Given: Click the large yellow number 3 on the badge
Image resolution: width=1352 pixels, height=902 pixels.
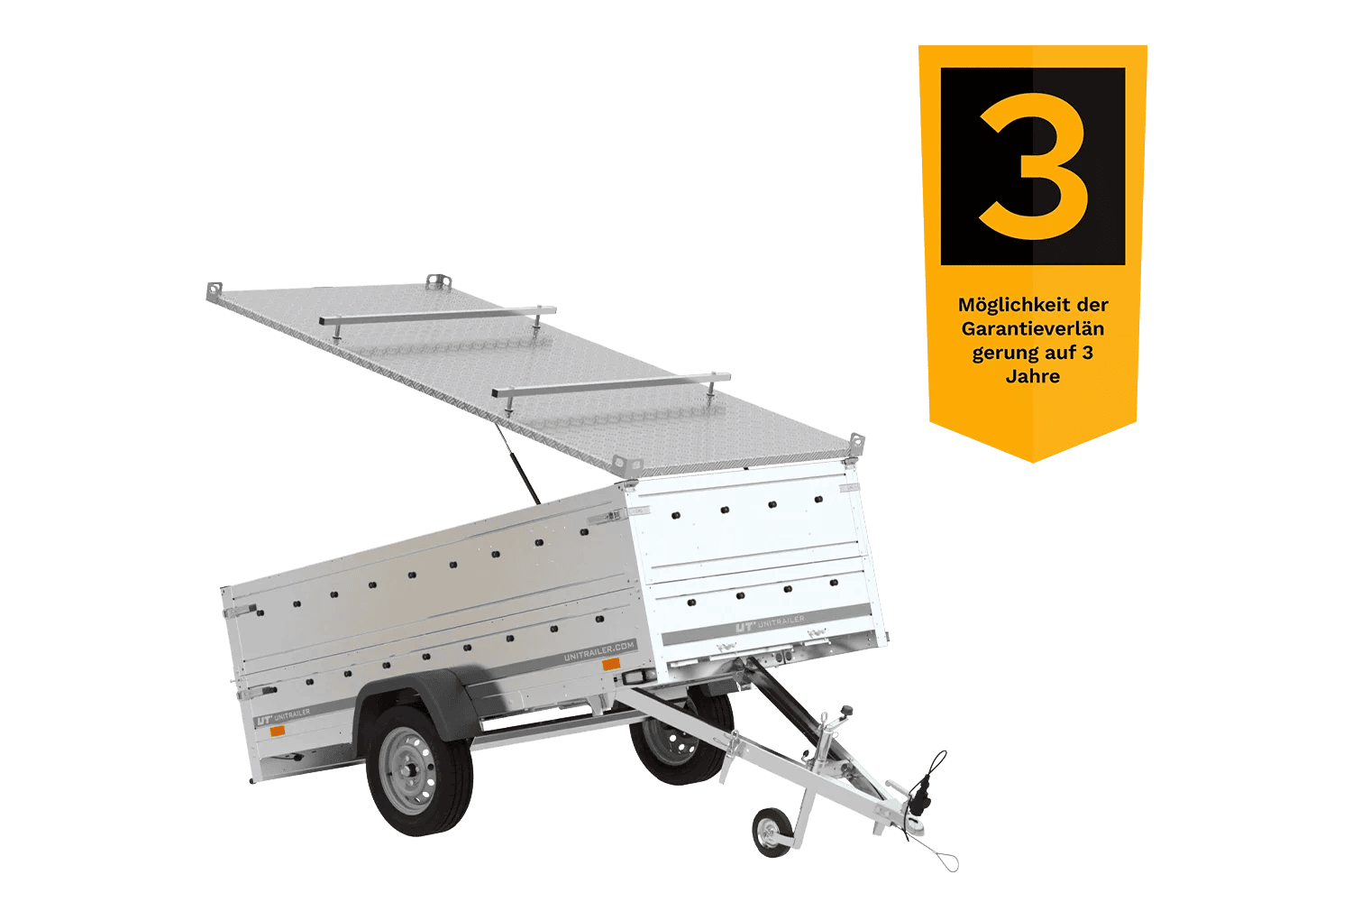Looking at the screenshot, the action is [1032, 166].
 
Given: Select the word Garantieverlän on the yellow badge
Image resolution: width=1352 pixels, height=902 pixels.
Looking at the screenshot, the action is [1033, 328].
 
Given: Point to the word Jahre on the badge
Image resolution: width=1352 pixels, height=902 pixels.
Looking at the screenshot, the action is [1033, 376].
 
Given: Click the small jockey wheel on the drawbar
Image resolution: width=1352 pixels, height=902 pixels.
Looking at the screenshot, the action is [772, 832].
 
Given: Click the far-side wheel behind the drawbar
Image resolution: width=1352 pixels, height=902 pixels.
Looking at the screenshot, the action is [681, 737].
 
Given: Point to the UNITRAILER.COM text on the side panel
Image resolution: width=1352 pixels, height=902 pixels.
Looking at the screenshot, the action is [598, 650].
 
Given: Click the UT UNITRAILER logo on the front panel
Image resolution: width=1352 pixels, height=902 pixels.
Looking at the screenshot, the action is [770, 624].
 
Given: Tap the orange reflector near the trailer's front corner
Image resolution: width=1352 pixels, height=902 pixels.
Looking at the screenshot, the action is [611, 665].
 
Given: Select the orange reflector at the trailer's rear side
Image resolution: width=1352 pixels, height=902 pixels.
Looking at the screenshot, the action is [277, 731].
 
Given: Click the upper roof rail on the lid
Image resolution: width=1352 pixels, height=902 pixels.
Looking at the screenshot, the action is [437, 316].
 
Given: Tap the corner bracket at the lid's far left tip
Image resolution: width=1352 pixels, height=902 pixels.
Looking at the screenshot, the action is [214, 290].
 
